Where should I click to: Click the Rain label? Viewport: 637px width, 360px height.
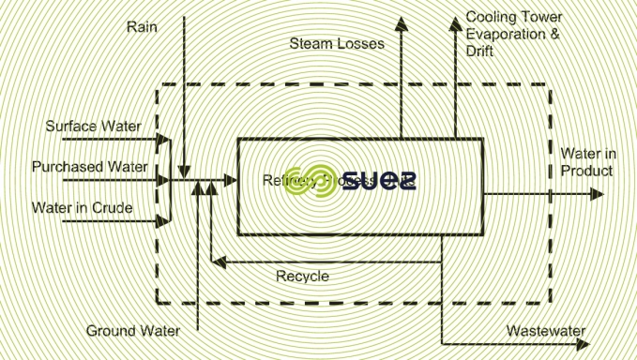143,25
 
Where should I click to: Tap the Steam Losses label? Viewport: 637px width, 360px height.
337,44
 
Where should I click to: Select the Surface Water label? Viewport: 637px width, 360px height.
92,126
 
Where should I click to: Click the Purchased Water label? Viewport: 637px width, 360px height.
90,167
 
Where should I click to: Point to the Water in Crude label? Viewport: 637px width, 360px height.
83,207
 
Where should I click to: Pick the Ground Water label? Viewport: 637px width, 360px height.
133,331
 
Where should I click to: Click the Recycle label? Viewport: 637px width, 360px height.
302,276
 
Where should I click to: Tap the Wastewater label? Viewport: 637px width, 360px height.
546,331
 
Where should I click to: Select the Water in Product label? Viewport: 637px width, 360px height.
587,161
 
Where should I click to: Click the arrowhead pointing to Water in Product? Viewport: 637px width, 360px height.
597,194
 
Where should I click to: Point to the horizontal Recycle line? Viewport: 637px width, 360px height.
328,262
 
